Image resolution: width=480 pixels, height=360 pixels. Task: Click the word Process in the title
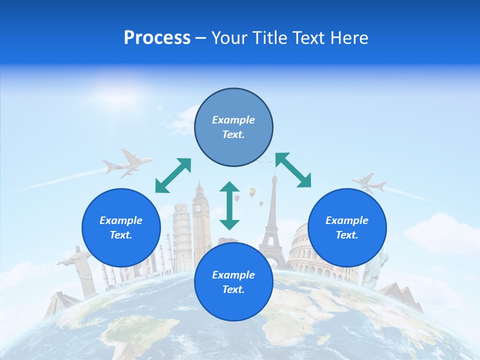click(x=157, y=38)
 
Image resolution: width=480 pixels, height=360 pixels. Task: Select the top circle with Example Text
click(x=233, y=127)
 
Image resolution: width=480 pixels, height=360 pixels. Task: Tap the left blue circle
click(x=121, y=227)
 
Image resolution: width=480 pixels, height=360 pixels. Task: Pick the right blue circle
click(x=347, y=227)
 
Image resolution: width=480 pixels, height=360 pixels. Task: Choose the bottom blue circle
click(x=233, y=282)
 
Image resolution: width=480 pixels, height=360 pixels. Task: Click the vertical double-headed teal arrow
click(x=229, y=205)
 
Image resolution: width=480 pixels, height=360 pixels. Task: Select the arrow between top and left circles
click(x=173, y=175)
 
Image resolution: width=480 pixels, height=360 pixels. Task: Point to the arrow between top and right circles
click(x=293, y=170)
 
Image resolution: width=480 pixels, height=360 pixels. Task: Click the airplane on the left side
click(x=128, y=163)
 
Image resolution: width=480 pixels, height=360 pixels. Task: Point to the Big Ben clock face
click(x=199, y=208)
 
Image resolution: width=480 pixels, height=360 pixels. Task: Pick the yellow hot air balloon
click(x=252, y=191)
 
